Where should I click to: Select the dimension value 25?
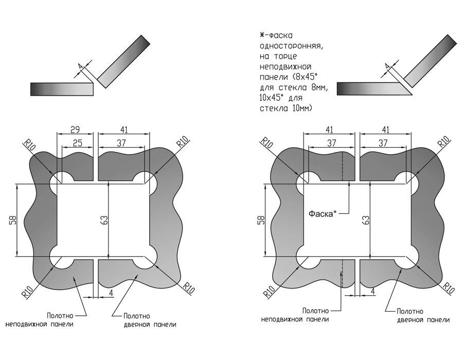click(x=77, y=143)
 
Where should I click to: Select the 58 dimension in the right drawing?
click(x=259, y=221)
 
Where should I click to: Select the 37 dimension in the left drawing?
click(x=121, y=143)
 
